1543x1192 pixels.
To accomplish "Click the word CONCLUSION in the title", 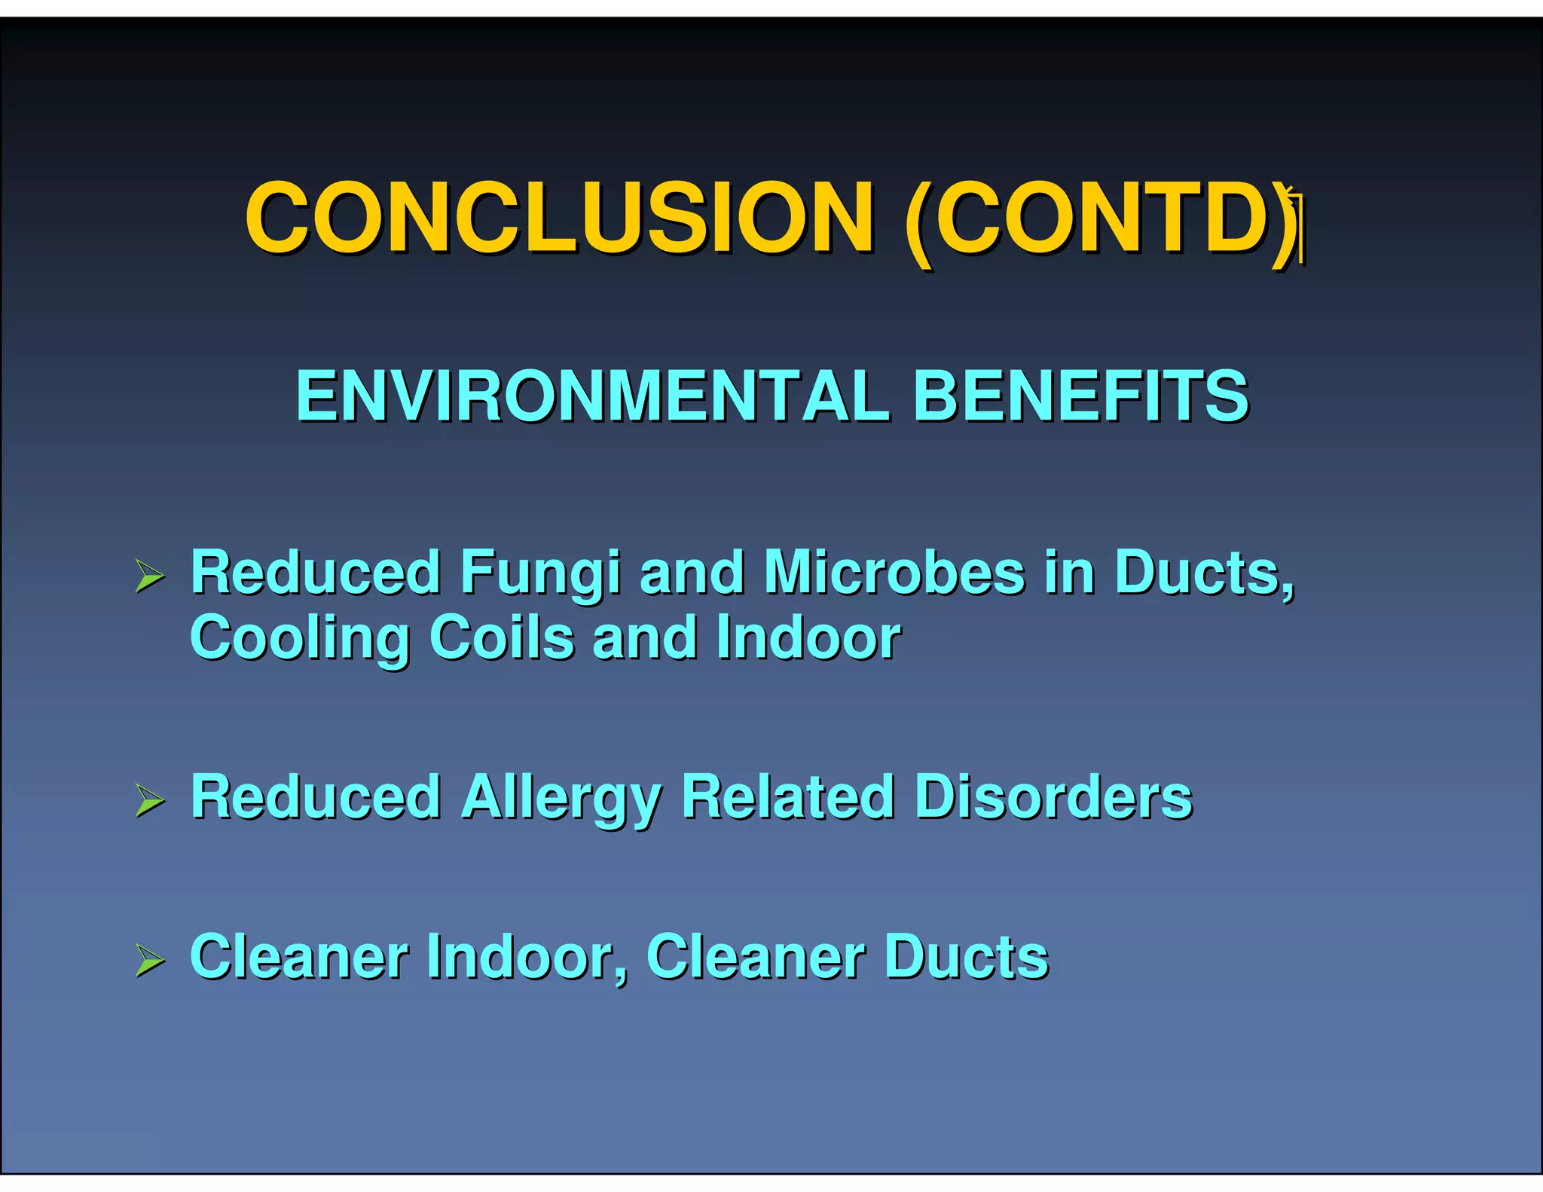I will pyautogui.click(x=559, y=218).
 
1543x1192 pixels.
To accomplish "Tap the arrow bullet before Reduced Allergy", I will pyautogui.click(x=150, y=801).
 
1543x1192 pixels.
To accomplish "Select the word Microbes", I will pyautogui.click(x=894, y=573).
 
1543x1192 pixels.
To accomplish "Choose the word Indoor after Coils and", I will pyautogui.click(x=808, y=637).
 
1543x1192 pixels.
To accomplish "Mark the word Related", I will pyautogui.click(x=788, y=797).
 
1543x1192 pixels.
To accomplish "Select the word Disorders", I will pyautogui.click(x=1053, y=797).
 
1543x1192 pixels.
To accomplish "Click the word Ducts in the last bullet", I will pyautogui.click(x=966, y=957).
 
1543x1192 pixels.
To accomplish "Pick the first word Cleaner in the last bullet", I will pyautogui.click(x=298, y=957).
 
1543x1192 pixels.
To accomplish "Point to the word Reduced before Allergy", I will pyautogui.click(x=315, y=797).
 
